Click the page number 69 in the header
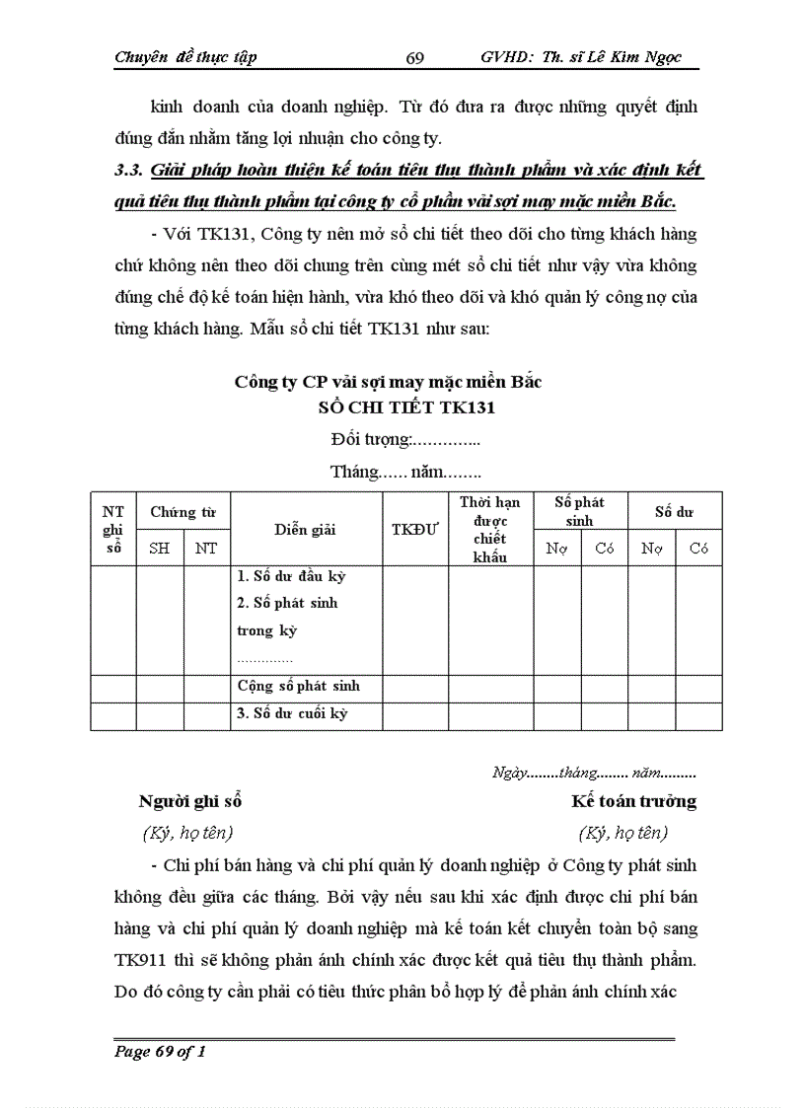[414, 58]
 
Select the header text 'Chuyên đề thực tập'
[185, 57]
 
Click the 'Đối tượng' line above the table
[405, 439]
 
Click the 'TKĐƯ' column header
[414, 530]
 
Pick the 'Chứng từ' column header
[183, 512]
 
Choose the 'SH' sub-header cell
[159, 549]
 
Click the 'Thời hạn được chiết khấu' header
[489, 530]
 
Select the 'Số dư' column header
[675, 512]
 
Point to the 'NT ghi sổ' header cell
[113, 529]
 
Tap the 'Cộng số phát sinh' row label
[299, 687]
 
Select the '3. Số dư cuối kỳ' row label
[292, 713]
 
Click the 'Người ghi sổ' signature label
[190, 801]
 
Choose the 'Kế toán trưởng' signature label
[634, 801]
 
